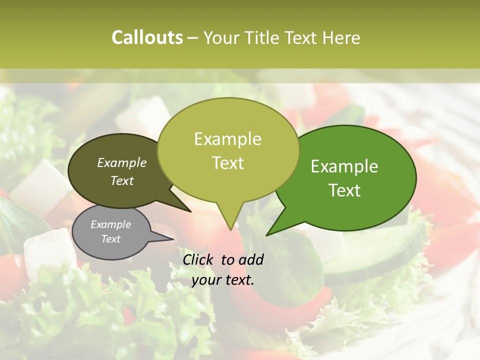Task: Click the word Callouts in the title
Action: [x=147, y=37]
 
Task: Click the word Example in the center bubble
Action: [x=228, y=139]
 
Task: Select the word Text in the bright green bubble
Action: [x=345, y=190]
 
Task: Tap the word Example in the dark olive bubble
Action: [x=122, y=162]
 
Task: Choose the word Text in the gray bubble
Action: [x=111, y=239]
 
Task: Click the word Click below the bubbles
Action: [x=199, y=259]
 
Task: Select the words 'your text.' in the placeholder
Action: [x=223, y=280]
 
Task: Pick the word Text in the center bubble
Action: [x=228, y=163]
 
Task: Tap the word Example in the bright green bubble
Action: [x=344, y=166]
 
